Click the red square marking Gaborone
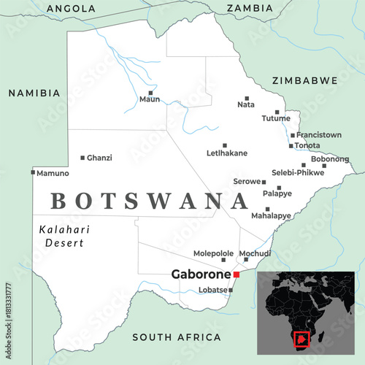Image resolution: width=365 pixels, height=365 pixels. point(236,274)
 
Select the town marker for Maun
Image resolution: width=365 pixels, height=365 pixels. point(150,93)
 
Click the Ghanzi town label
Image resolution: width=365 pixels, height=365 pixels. point(99,158)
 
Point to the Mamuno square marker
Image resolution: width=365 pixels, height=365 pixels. point(33,172)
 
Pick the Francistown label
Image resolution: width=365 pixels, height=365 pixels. point(320,134)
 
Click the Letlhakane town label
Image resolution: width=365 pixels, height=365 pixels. point(227,153)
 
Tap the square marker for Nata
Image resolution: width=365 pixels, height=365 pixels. point(247,98)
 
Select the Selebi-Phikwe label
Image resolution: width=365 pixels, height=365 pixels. point(297,172)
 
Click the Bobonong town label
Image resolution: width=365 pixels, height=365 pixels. point(330,158)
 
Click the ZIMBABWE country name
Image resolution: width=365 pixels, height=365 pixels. point(304,80)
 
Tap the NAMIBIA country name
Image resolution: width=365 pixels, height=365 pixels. point(34,93)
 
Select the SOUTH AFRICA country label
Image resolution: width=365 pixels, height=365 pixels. point(176,337)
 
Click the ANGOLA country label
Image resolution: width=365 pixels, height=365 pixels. point(70,8)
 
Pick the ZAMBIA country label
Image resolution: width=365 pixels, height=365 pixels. point(250,8)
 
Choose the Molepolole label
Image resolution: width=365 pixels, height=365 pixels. point(213,253)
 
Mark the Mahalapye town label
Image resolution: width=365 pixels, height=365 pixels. point(271,216)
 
